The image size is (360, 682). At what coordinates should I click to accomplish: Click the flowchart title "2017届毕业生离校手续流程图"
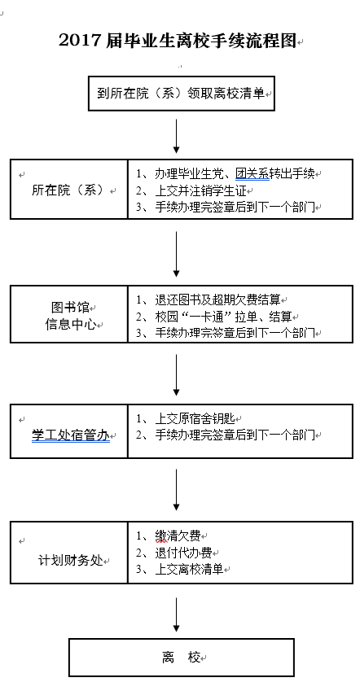point(178,41)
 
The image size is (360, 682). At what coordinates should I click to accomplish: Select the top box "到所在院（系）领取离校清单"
point(182,93)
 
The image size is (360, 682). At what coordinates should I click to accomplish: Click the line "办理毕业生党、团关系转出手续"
point(235,174)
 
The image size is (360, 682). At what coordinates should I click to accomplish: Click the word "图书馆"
point(70,308)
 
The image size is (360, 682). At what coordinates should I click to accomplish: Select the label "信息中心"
point(70,325)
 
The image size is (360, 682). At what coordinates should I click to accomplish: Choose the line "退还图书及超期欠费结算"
point(217,299)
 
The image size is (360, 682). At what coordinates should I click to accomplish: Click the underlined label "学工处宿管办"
point(70,435)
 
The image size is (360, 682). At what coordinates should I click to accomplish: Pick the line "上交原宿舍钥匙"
point(195,419)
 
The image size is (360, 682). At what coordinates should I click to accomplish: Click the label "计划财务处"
point(71,561)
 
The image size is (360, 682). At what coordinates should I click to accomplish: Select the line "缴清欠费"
point(178,536)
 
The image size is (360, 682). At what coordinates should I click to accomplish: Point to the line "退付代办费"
point(183,553)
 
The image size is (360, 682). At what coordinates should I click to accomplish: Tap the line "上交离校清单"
point(189,570)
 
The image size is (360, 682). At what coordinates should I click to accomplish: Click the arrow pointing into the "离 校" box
point(176,614)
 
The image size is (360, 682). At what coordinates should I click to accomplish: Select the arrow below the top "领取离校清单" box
point(176,136)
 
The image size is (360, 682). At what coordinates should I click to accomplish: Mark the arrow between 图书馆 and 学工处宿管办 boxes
point(176,375)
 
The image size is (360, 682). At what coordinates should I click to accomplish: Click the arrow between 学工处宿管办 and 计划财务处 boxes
point(176,490)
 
